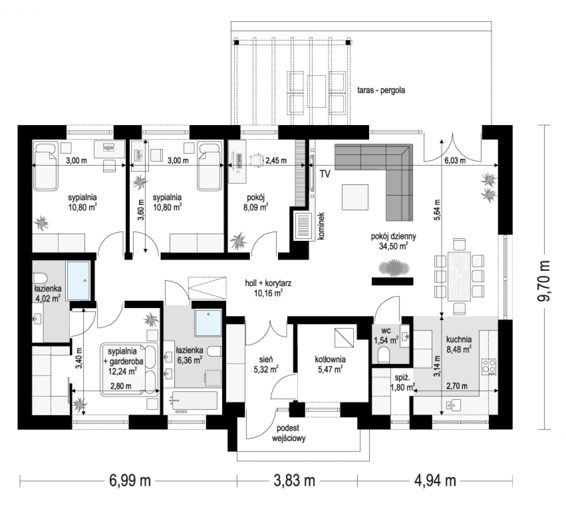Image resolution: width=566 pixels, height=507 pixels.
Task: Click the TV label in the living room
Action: click(x=325, y=174)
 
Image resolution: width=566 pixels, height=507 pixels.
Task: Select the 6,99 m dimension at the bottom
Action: click(x=130, y=481)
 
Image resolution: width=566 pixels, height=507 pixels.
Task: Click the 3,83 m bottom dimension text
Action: click(x=294, y=481)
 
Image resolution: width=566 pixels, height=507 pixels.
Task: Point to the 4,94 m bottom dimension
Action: click(x=435, y=481)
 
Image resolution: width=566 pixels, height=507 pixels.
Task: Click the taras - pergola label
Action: click(x=381, y=90)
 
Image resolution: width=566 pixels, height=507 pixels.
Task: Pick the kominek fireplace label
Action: click(x=321, y=226)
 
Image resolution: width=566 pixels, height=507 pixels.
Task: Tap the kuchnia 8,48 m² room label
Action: click(x=459, y=344)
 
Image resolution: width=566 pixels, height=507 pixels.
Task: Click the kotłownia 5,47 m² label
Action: click(x=330, y=364)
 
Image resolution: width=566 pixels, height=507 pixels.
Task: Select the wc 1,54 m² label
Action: click(x=386, y=335)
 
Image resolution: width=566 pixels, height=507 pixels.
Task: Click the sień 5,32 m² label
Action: click(x=266, y=364)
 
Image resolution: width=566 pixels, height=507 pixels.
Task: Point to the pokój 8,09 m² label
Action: click(x=256, y=202)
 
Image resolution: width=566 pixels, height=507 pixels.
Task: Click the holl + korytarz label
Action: click(x=268, y=283)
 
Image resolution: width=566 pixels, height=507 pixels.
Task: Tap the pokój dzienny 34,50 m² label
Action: click(x=393, y=241)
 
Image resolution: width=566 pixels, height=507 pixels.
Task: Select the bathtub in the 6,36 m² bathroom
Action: click(x=195, y=401)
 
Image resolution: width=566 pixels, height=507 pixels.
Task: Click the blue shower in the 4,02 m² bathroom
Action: click(x=78, y=281)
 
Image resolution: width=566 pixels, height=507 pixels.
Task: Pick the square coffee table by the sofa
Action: click(x=355, y=197)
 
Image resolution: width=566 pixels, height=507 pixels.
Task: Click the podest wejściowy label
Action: click(x=288, y=433)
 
